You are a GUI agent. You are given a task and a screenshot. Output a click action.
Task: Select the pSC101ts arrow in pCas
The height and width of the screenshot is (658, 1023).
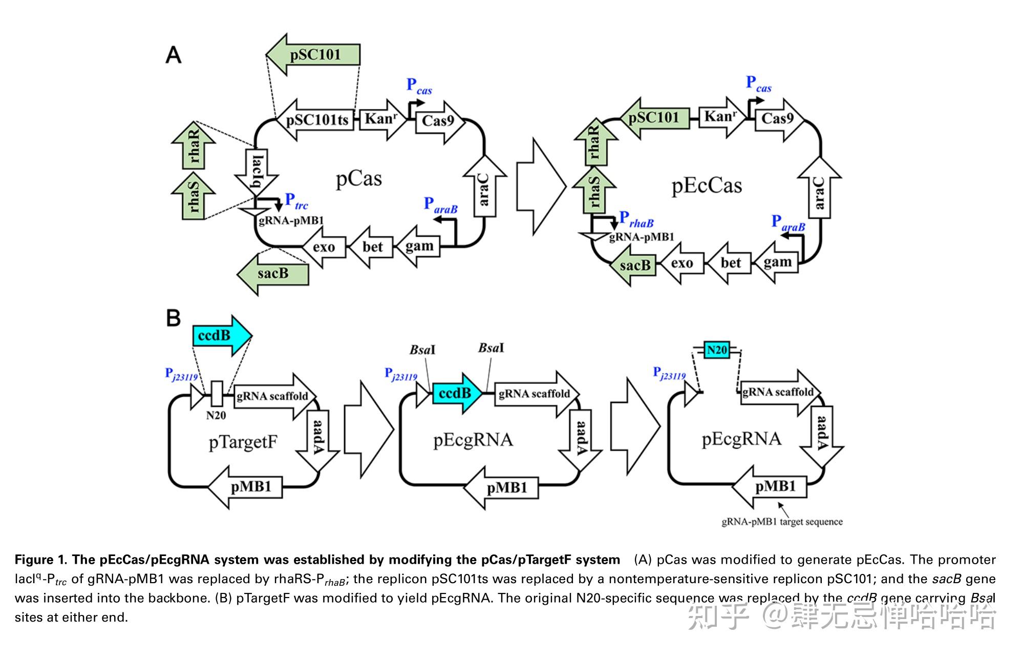(x=316, y=120)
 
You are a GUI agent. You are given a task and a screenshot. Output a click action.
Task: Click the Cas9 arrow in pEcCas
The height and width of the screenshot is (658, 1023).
(x=777, y=119)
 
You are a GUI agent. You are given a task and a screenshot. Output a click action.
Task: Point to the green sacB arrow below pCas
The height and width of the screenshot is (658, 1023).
(x=273, y=273)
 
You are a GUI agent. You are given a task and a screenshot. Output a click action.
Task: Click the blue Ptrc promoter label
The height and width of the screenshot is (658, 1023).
(x=296, y=200)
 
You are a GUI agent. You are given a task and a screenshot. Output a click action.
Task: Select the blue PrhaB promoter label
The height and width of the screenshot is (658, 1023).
(x=636, y=219)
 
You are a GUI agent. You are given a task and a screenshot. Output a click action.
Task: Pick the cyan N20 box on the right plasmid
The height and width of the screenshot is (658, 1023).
(x=716, y=350)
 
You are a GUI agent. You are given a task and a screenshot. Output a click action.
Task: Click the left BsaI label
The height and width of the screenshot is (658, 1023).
(x=422, y=350)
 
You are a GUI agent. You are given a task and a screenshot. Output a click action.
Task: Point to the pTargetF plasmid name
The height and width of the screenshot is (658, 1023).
(x=243, y=442)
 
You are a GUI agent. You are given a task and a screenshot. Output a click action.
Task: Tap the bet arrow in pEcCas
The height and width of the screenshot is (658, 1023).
(x=731, y=263)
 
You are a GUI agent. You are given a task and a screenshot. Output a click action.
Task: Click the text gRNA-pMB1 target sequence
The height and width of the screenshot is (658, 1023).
(x=781, y=522)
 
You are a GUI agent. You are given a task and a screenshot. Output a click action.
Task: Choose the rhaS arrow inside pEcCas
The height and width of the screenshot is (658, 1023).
(x=594, y=191)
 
